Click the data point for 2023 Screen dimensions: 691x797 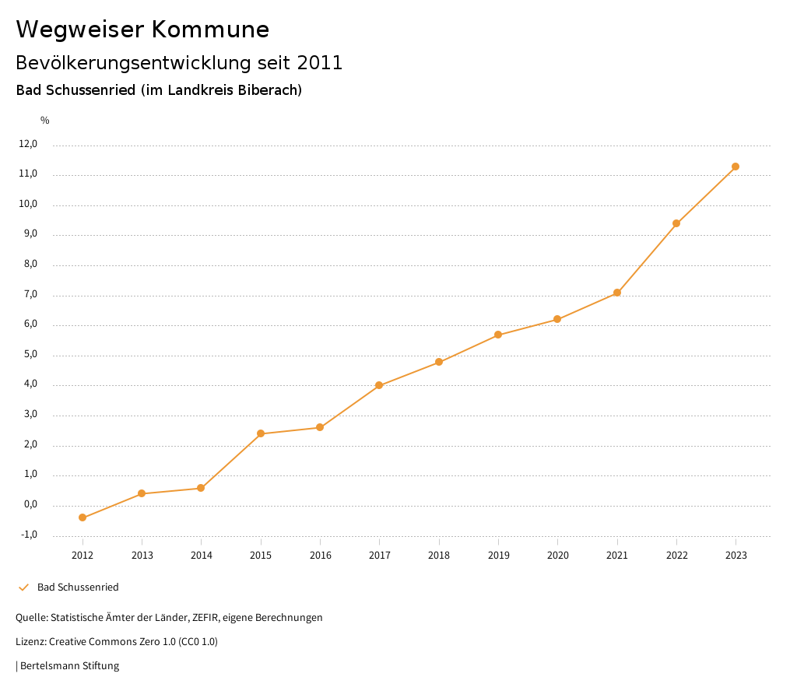click(736, 167)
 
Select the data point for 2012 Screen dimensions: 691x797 click(83, 517)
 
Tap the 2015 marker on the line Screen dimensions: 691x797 click(261, 433)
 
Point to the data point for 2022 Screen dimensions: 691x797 click(676, 223)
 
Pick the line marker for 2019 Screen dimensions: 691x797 click(498, 335)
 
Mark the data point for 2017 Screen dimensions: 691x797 click(379, 385)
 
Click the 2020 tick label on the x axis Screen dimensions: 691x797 click(557, 556)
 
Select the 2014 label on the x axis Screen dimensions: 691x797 click(201, 556)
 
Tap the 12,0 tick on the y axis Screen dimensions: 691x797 click(28, 144)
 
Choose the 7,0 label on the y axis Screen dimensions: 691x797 click(30, 295)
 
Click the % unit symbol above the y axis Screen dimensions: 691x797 click(45, 121)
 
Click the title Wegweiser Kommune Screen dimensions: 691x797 click(142, 30)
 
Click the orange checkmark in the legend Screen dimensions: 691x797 click(23, 588)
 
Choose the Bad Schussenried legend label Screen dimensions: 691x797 click(78, 588)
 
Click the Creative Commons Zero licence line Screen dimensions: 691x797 click(117, 642)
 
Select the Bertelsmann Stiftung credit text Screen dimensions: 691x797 click(69, 666)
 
